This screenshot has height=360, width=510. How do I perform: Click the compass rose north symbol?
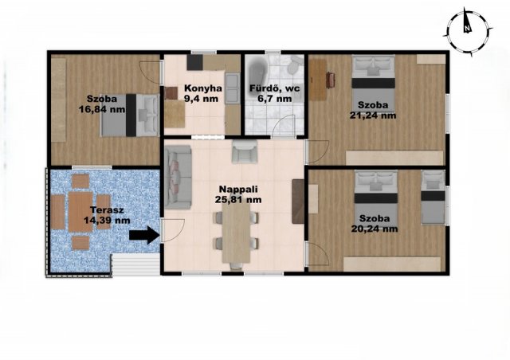tap(468, 33)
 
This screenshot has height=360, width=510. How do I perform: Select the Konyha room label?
tap(203, 88)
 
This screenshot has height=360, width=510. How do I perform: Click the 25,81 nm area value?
tap(238, 199)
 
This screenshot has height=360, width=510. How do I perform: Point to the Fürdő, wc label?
tap(275, 88)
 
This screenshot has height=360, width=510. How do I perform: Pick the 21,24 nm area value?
tap(373, 115)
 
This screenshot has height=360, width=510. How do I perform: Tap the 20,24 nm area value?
tap(375, 229)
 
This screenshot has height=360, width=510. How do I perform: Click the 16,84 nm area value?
tap(102, 109)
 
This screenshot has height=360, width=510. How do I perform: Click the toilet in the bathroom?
tap(295, 65)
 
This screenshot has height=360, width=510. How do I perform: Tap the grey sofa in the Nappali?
tap(178, 177)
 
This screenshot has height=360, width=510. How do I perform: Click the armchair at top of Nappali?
tap(245, 151)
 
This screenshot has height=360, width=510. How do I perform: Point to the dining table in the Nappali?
tap(237, 233)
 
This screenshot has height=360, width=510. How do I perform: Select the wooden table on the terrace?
tap(80, 212)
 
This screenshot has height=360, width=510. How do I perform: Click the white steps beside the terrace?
tap(135, 265)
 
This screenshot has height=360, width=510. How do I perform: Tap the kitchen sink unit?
tap(233, 88)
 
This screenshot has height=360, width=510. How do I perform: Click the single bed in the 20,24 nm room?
tap(433, 198)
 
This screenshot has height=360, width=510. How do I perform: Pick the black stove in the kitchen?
tap(194, 62)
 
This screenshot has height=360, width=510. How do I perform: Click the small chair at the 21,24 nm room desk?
tap(331, 80)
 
